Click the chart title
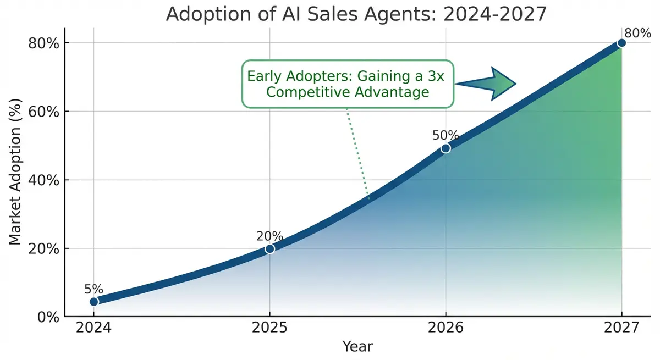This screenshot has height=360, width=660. click(356, 14)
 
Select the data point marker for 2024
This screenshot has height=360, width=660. click(94, 301)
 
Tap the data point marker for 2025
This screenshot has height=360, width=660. click(269, 248)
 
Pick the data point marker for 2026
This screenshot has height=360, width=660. click(446, 148)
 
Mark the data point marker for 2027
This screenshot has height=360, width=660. click(621, 43)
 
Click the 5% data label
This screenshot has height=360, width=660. click(94, 289)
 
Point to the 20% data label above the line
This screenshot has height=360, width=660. click(269, 236)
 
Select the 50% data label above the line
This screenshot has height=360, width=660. click(445, 135)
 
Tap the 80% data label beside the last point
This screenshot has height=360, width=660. click(638, 33)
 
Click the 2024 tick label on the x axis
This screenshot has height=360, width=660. click(94, 328)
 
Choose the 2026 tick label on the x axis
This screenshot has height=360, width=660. click(446, 328)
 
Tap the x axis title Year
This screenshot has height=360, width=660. click(358, 346)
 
